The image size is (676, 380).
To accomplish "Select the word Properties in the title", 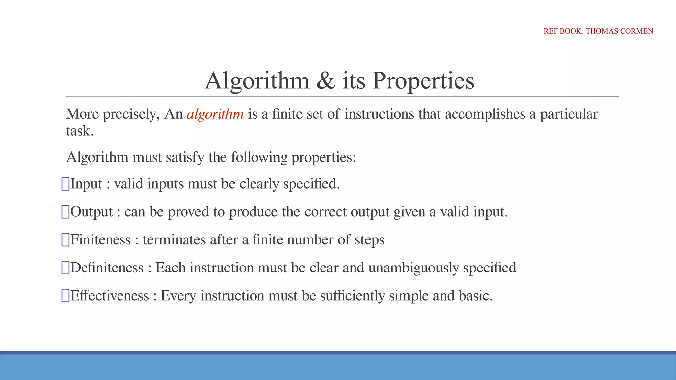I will [423, 80].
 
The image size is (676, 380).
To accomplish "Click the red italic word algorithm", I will [215, 114].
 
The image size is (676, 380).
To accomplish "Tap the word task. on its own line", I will [80, 131].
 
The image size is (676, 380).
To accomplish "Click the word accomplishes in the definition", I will [485, 114].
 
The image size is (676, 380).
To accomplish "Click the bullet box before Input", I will [65, 184].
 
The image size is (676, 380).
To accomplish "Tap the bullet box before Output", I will [65, 212].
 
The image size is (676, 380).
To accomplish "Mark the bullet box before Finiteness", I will [65, 240].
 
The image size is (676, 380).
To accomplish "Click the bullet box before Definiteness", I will [65, 268].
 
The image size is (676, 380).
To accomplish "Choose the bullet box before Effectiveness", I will [65, 296].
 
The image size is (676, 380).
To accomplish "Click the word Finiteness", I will [100, 240].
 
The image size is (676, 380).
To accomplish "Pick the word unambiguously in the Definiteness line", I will [414, 268].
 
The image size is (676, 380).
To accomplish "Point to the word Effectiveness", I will [109, 296].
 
